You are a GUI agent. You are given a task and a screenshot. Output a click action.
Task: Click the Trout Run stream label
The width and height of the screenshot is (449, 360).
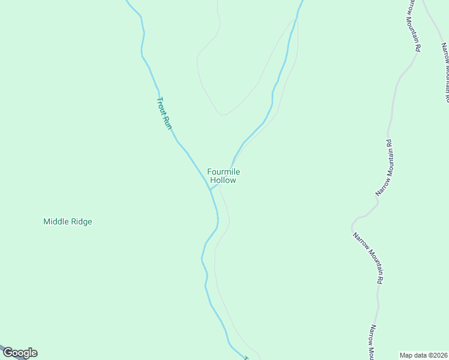164,113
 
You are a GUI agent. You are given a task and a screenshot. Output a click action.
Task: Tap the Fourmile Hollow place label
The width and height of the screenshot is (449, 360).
223,176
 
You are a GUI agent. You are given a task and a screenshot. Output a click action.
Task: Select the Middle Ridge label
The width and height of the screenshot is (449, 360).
68,221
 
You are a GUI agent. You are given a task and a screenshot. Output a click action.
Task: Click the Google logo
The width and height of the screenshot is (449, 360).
20,353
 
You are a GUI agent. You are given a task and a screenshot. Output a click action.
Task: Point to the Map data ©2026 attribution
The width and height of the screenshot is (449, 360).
424,355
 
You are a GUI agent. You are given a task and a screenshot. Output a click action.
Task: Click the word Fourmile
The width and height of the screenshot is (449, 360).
223,172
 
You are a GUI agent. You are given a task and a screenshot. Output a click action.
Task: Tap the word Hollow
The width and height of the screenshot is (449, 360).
223,180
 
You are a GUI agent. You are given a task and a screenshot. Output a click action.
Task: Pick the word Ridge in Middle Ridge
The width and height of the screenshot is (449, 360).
82,221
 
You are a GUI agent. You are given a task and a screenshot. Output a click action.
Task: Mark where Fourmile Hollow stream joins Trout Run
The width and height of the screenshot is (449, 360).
210,189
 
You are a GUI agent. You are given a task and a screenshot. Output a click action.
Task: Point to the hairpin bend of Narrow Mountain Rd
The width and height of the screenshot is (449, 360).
353,224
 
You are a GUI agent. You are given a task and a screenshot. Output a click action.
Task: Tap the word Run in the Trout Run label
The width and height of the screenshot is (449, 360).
168,122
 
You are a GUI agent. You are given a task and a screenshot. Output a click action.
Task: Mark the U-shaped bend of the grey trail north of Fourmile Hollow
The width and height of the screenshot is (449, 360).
223,113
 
